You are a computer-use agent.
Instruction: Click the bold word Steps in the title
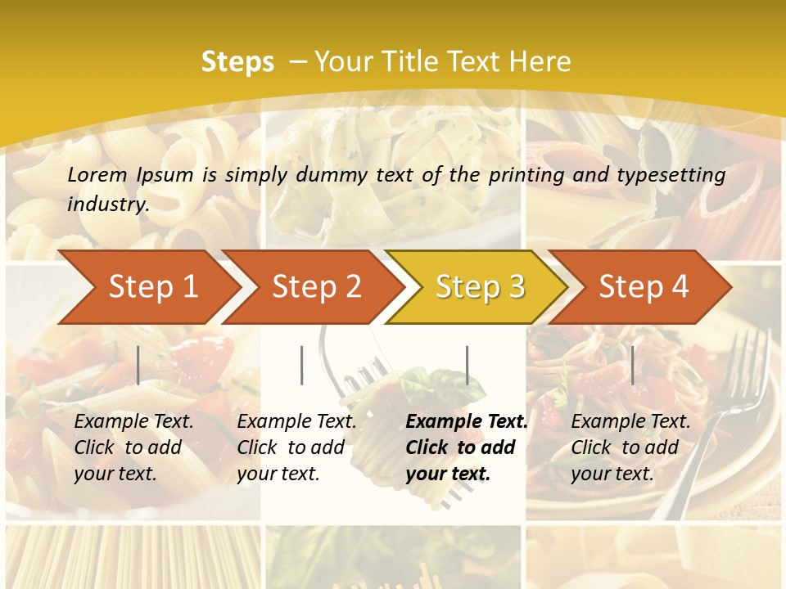237,61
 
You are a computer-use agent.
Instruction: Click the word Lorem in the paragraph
97,174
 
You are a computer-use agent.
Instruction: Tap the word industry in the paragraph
108,204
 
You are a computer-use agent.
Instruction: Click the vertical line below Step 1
138,365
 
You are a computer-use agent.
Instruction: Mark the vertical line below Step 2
302,365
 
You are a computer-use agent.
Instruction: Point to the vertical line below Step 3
467,365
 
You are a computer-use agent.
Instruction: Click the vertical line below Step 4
632,365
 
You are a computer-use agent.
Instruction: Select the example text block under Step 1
133,447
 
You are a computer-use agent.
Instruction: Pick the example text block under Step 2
296,447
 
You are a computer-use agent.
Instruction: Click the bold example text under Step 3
467,447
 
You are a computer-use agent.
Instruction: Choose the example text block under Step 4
630,447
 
